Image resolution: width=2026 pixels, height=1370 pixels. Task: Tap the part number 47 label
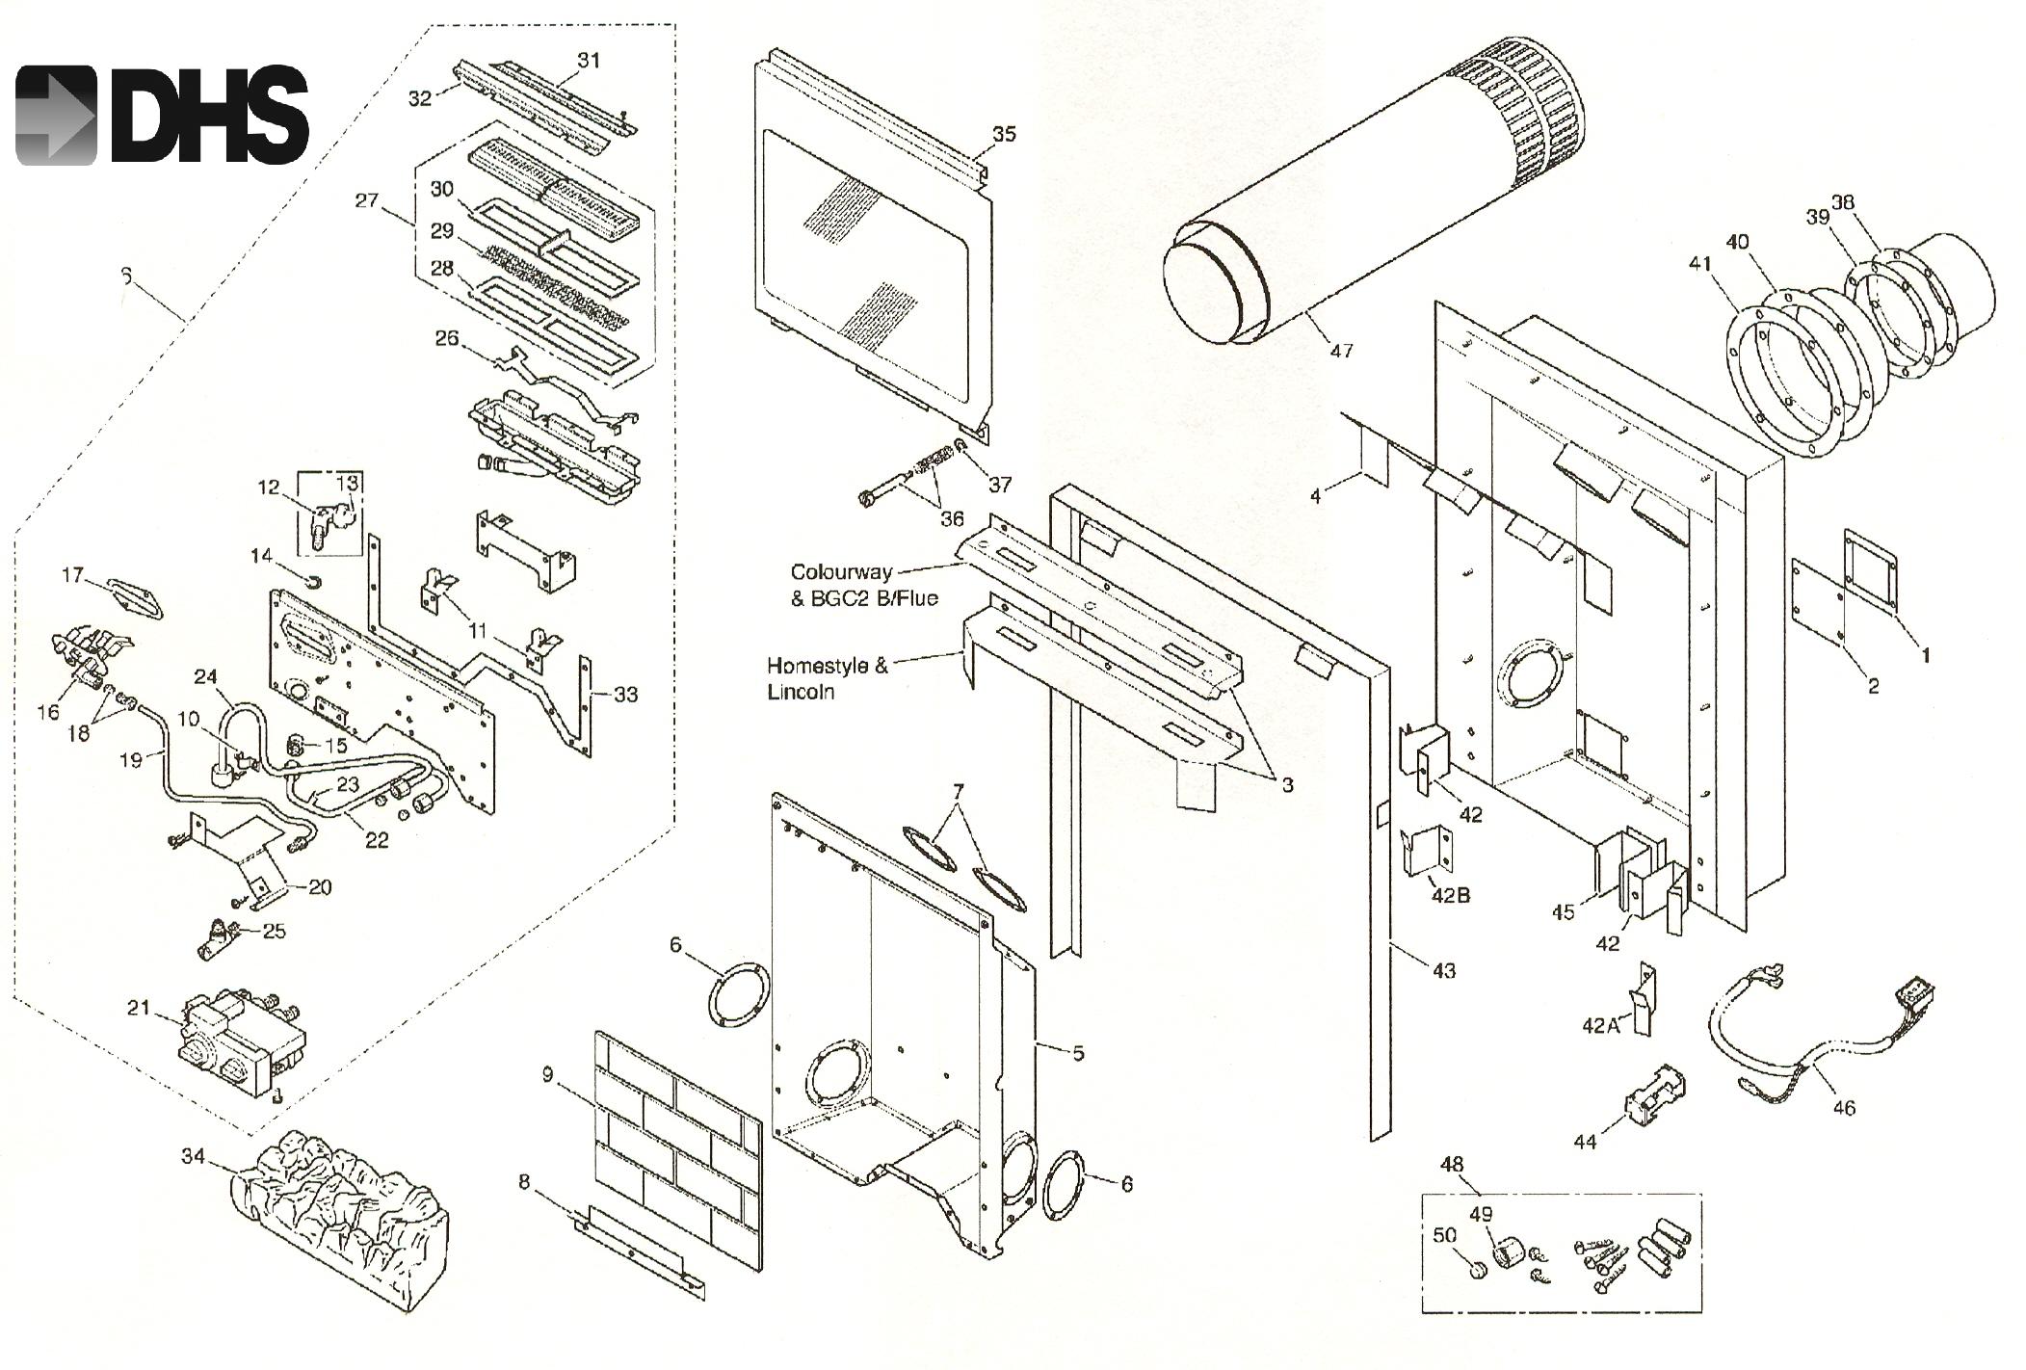pyautogui.click(x=1341, y=351)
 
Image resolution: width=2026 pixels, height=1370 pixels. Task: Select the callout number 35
pyautogui.click(x=1004, y=134)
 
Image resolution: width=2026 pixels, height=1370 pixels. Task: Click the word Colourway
pyautogui.click(x=841, y=572)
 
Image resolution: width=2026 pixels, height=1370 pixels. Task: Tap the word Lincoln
pyautogui.click(x=801, y=692)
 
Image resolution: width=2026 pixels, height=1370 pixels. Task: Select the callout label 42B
pyautogui.click(x=1451, y=895)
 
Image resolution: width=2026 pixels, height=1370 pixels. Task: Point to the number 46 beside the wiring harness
pyautogui.click(x=1842, y=1107)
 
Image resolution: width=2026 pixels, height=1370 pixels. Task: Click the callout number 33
pyautogui.click(x=625, y=694)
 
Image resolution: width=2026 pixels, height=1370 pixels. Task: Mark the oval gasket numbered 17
pyautogui.click(x=136, y=598)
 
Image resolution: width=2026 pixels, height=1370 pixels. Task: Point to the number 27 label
pyautogui.click(x=366, y=201)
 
